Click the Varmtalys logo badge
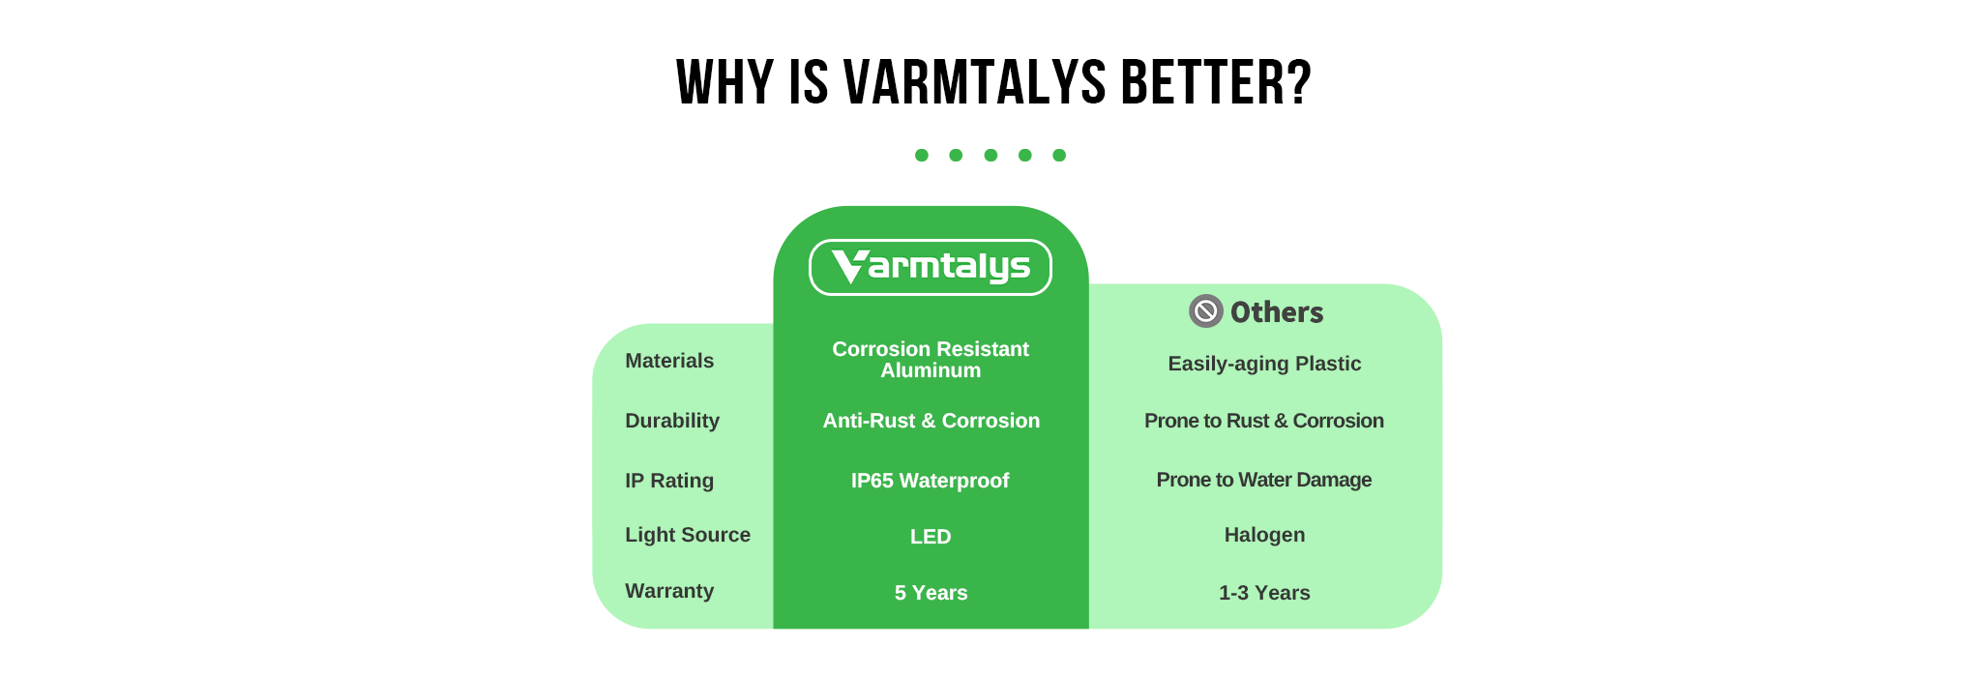coord(930,267)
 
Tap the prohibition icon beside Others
coord(1205,311)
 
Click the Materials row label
coord(669,361)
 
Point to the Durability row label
coord(672,421)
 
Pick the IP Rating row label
coord(669,481)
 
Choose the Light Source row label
coord(688,535)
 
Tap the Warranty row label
coord(669,591)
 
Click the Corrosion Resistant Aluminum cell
coord(931,360)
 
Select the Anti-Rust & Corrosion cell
coord(931,421)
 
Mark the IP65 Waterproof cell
coord(931,481)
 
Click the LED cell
coord(931,537)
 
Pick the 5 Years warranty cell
coord(931,593)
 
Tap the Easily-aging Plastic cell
coord(1264,364)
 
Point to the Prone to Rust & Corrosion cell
coord(1264,421)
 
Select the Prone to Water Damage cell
coord(1264,480)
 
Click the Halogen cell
coord(1264,535)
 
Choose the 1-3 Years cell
coord(1264,593)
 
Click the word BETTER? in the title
coord(1216,82)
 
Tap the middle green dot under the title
coord(990,155)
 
